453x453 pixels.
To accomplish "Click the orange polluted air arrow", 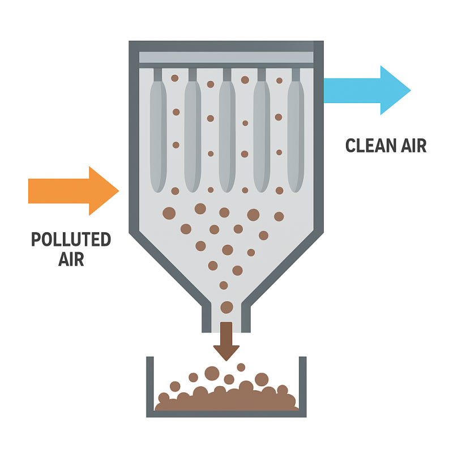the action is point(74,191).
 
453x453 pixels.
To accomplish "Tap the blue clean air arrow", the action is point(367,90).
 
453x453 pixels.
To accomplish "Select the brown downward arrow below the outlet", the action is point(226,341).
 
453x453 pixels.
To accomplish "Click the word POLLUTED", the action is point(71,240).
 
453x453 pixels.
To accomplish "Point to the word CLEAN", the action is point(370,146).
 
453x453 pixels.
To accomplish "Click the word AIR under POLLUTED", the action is point(71,259).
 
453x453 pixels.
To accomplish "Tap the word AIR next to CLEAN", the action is point(414,146).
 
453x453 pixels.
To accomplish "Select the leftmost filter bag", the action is point(159,136).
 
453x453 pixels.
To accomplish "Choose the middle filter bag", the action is point(227,136).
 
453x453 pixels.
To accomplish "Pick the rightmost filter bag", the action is point(296,136).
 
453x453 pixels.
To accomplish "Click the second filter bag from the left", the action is point(193,136).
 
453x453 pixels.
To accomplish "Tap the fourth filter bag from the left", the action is point(262,136).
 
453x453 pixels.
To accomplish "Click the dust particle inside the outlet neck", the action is point(227,307).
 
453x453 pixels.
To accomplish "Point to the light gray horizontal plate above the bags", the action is point(226,57).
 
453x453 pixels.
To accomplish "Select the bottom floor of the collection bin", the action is point(226,414).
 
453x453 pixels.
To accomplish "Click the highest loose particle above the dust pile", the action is point(241,367).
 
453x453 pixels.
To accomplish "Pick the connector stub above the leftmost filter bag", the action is point(158,75).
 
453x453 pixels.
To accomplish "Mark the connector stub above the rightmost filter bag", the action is point(296,75).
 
